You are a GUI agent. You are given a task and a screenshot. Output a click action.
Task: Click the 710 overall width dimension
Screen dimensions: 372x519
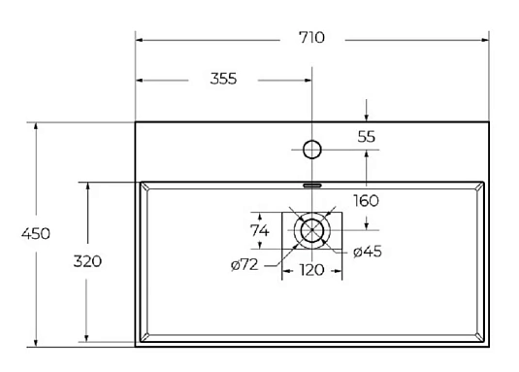point(312,39)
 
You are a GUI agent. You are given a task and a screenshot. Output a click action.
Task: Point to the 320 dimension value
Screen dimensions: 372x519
point(87,261)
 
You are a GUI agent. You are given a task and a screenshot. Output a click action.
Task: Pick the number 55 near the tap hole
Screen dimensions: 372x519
point(366,137)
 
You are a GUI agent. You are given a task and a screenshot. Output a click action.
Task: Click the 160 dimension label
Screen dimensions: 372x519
point(366,201)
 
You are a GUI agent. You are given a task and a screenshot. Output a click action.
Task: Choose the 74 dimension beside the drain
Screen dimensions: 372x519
point(259,230)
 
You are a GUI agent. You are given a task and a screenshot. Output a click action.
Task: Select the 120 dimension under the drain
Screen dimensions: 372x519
point(310,269)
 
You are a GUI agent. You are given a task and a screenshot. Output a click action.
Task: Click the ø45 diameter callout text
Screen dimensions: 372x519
point(366,253)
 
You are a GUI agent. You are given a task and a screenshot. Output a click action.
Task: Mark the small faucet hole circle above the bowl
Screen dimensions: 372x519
point(311,150)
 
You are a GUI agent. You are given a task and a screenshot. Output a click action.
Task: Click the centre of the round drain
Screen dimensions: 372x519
point(311,231)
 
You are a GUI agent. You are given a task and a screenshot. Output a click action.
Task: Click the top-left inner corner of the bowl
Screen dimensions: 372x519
point(146,187)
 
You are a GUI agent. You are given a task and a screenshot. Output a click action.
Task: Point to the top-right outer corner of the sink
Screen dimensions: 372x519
point(486,122)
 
